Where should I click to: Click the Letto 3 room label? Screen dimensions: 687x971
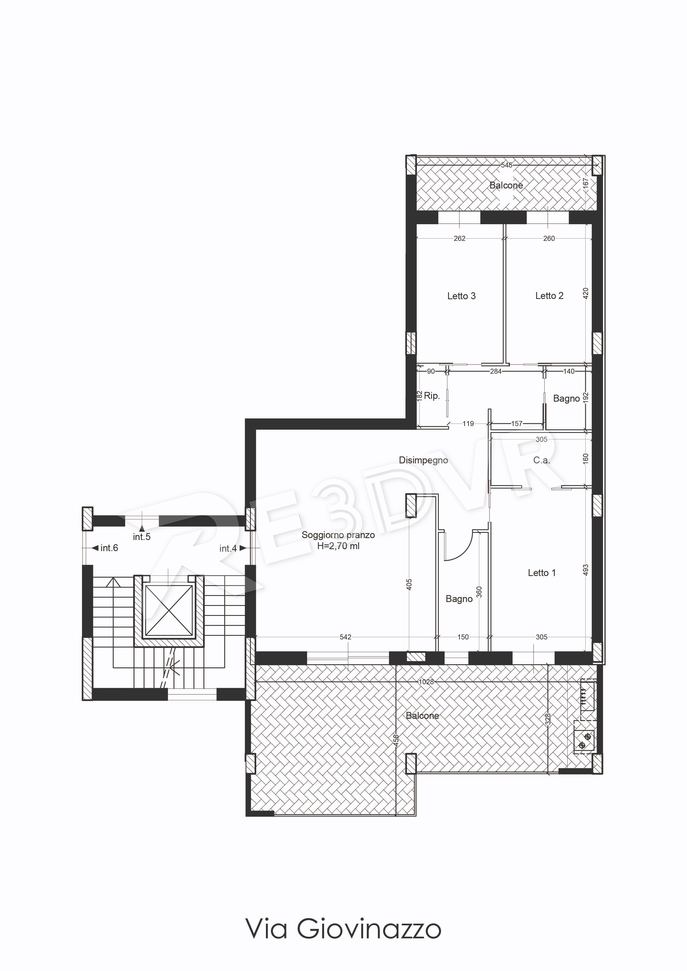462,296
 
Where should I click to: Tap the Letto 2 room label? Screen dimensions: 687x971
549,296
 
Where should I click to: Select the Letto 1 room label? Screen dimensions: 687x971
542,573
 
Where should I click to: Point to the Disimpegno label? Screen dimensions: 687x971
423,460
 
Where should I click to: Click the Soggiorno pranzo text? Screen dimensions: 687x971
338,535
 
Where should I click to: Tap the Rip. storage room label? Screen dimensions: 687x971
432,396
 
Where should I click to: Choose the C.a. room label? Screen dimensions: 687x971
541,460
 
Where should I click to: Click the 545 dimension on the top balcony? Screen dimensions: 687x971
507,165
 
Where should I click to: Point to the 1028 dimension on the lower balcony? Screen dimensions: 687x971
426,682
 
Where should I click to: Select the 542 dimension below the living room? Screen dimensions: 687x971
345,637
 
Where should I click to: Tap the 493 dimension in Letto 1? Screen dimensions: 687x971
586,570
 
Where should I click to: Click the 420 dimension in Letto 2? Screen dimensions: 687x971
586,293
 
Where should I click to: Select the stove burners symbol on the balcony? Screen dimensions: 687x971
585,736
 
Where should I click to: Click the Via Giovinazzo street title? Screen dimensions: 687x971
343,929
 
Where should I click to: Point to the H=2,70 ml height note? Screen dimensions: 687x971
338,546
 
